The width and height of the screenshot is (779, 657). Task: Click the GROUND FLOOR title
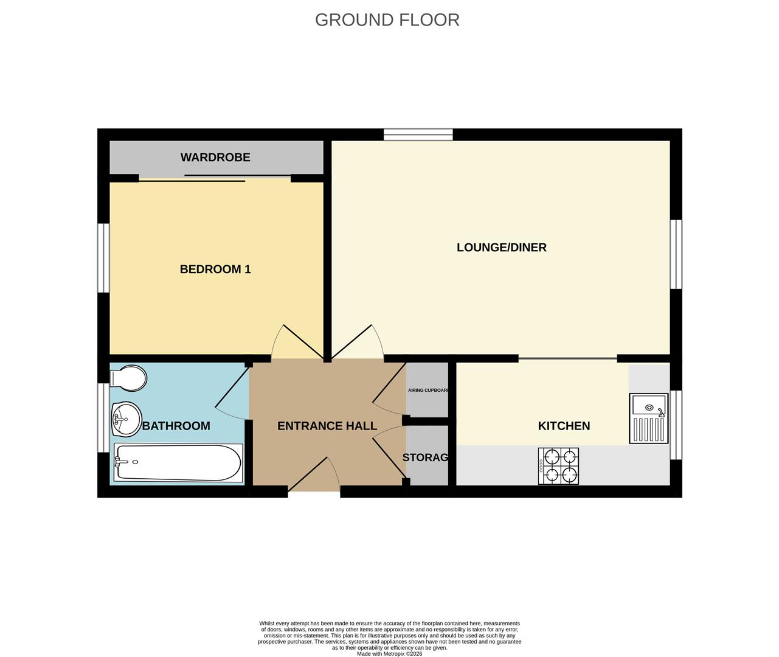coord(387,20)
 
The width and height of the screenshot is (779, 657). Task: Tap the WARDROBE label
coord(215,158)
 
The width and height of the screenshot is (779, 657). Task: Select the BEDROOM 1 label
coord(215,269)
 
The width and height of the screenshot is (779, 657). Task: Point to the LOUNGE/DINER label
coord(501,248)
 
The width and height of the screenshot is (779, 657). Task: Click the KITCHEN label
coord(564,426)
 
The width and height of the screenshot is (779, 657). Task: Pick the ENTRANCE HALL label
coord(327,426)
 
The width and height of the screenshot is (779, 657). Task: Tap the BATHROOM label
coord(176,426)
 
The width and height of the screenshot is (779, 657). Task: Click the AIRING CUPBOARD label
coord(428,390)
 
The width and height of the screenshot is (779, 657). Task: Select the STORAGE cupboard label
coord(426,457)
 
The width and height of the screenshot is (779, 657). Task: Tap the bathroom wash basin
coord(125,419)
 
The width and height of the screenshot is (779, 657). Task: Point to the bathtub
coord(178,463)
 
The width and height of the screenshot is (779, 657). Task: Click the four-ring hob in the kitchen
coord(558,466)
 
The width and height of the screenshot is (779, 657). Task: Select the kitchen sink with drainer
coord(648,418)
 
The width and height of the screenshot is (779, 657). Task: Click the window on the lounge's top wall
coord(418,134)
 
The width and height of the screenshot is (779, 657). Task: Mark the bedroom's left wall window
coord(104,257)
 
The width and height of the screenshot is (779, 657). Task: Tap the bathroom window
coord(104,417)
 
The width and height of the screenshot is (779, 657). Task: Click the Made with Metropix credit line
coord(389,654)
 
